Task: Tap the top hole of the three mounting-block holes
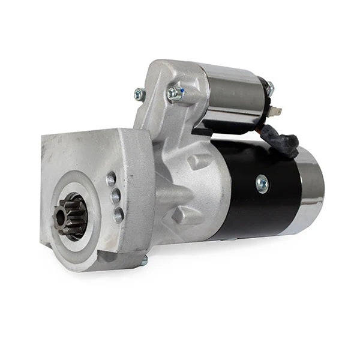(111, 178)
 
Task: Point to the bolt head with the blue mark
(175, 93)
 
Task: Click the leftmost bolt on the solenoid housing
(140, 94)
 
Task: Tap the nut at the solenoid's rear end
(270, 89)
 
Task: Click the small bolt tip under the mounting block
(144, 261)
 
